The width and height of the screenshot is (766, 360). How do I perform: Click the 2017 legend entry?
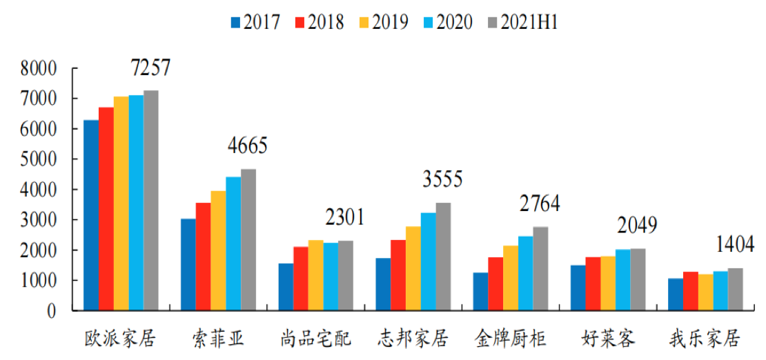255,22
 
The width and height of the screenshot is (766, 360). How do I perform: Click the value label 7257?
150,68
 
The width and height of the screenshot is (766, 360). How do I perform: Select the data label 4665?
247,146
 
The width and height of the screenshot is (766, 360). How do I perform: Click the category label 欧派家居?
120,339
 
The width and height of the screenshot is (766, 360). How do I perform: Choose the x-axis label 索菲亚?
217,339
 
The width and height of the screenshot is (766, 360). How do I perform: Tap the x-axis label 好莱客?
608,339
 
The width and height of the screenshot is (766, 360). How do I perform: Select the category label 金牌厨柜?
510,339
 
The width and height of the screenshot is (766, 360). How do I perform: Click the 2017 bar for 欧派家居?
91,215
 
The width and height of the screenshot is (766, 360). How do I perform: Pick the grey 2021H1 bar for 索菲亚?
248,240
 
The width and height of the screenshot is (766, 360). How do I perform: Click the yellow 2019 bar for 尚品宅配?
315,275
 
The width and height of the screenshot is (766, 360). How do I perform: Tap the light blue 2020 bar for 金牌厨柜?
526,273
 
